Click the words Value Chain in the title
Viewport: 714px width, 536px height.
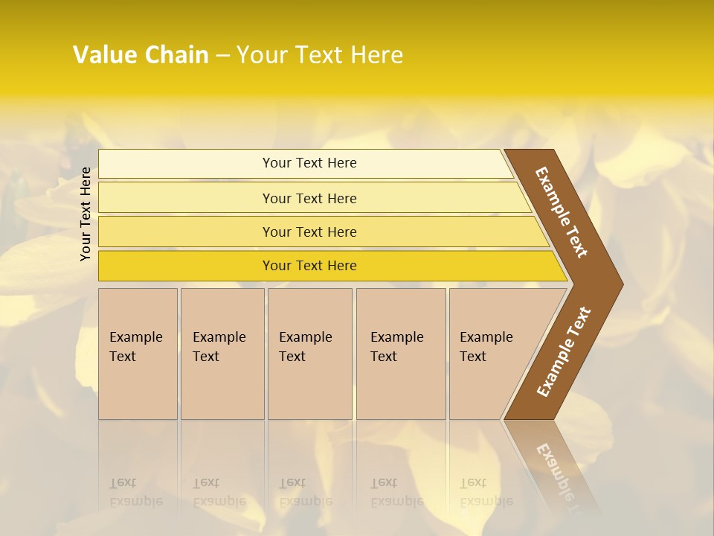141,55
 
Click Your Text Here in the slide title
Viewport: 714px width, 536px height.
320,55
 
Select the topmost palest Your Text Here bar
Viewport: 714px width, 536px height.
309,163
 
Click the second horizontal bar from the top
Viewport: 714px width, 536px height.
309,198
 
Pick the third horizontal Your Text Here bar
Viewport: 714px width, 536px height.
309,232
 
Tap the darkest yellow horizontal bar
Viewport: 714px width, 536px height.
309,266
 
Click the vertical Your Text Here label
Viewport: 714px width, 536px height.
86,214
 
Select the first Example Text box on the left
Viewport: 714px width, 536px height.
138,354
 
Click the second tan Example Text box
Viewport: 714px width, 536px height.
222,354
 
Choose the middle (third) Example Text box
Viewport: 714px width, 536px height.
309,354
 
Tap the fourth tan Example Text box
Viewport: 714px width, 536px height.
401,354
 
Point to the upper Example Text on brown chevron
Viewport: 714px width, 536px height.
562,212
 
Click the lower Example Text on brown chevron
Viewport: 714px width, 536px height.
564,352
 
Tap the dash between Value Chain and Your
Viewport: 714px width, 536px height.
222,56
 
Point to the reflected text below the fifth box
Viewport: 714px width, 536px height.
485,492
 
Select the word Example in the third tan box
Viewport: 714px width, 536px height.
305,337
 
